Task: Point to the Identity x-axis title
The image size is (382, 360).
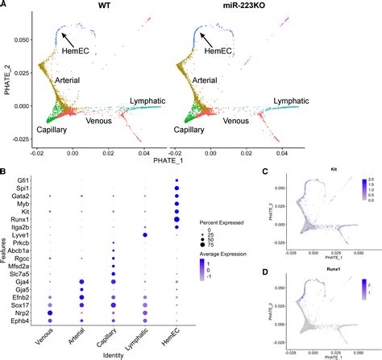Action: tap(113, 353)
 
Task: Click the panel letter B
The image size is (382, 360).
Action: tap(5, 171)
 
